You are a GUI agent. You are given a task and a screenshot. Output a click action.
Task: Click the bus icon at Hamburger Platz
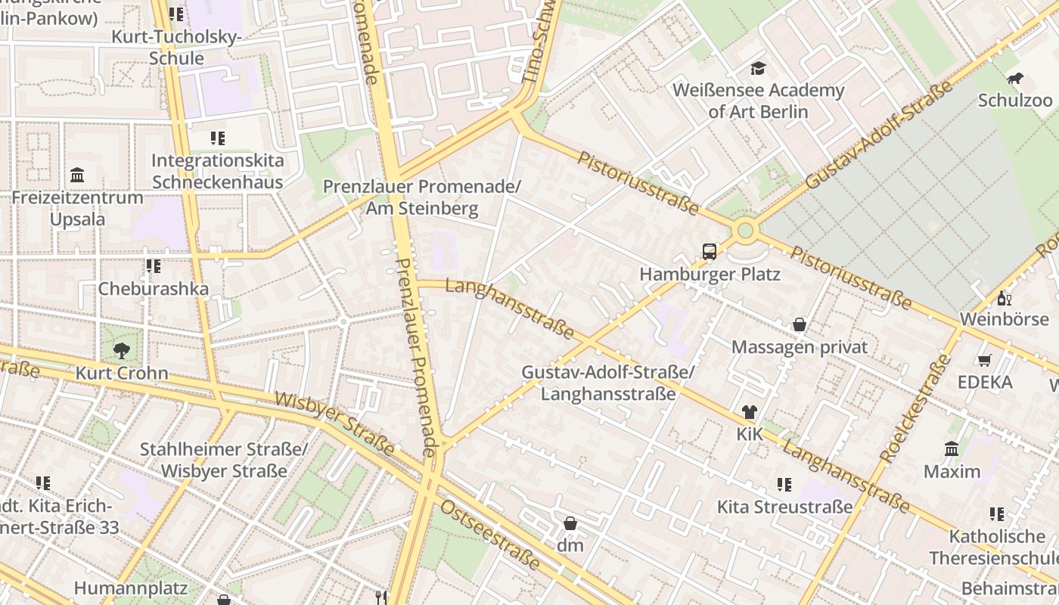tap(709, 252)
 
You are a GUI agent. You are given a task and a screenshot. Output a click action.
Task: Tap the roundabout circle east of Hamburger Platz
tap(745, 230)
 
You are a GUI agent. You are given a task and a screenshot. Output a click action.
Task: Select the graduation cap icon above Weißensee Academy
tap(758, 70)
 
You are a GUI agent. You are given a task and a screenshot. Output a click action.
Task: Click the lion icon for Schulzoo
tap(1014, 79)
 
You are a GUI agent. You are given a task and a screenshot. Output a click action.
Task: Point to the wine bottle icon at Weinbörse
tap(1004, 298)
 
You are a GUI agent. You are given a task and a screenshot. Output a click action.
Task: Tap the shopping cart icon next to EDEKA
tap(984, 361)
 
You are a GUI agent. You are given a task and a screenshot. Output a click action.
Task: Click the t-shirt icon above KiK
tap(749, 412)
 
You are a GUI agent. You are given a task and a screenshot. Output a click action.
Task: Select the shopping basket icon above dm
tap(570, 523)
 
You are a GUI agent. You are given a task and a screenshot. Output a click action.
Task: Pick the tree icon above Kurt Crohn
tap(121, 351)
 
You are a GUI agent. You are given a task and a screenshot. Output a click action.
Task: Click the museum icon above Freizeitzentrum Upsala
tap(76, 175)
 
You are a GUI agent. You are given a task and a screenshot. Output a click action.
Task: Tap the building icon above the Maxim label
tap(952, 449)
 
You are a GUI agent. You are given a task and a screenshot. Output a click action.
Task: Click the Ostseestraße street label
tap(491, 535)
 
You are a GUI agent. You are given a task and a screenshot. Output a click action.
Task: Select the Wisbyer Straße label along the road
tap(334, 423)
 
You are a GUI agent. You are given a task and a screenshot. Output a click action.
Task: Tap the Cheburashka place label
tap(153, 288)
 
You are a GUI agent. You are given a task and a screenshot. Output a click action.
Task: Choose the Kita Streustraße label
tap(784, 507)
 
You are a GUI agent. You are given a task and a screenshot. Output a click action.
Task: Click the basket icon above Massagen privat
tap(799, 325)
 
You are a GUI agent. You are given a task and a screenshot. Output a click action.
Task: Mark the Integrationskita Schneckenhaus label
tap(217, 171)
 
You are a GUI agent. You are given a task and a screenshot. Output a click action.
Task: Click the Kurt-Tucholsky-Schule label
tap(176, 47)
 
